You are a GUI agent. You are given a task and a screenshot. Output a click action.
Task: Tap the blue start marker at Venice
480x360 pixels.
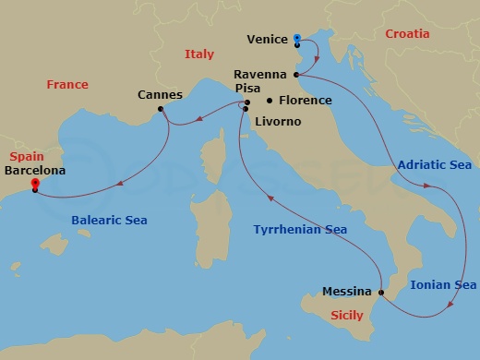[297, 39]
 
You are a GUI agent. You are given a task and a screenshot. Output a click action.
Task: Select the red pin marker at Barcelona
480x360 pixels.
[35, 184]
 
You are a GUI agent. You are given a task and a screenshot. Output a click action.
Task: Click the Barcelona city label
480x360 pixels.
[36, 170]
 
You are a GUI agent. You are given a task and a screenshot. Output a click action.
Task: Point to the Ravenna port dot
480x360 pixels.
[295, 75]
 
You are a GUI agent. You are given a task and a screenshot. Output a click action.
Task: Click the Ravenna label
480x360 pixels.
[261, 75]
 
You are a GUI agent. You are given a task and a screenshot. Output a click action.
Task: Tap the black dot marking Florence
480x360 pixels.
[269, 100]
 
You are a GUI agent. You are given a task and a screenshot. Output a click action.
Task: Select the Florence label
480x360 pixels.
[305, 100]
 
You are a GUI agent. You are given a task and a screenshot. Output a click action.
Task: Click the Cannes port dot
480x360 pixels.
[161, 110]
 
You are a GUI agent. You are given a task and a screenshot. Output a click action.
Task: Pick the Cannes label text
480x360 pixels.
[159, 95]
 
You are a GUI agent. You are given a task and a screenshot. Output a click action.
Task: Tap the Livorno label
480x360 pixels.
[276, 121]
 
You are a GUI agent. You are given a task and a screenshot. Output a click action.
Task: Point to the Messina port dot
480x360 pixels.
[381, 292]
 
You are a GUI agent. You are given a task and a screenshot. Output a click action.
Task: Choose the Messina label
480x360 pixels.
[346, 292]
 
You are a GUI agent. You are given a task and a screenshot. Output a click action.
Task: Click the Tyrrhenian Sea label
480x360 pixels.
[302, 229]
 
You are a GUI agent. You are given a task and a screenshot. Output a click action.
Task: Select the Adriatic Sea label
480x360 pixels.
[435, 165]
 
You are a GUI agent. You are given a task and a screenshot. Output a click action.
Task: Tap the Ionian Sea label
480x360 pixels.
[443, 284]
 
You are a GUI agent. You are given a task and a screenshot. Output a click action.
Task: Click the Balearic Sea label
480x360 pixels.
[109, 220]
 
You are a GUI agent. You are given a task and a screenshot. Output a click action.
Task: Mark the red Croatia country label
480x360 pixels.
[407, 33]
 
